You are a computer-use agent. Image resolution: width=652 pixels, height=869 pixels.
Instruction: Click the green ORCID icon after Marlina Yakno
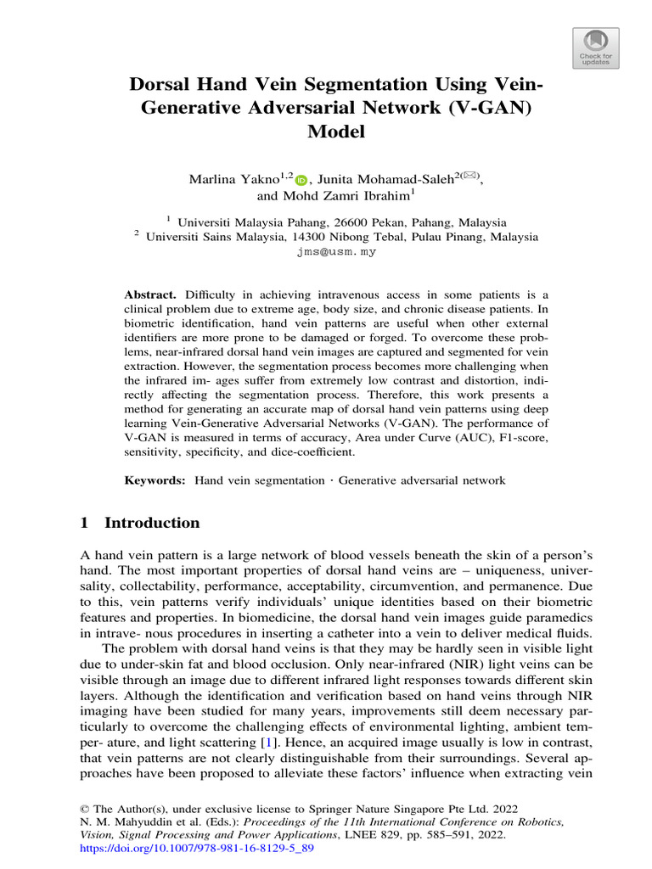tap(302, 178)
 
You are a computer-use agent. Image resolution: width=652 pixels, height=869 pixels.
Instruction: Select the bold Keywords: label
tap(155, 480)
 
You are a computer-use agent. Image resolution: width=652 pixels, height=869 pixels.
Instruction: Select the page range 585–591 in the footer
tap(437, 835)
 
